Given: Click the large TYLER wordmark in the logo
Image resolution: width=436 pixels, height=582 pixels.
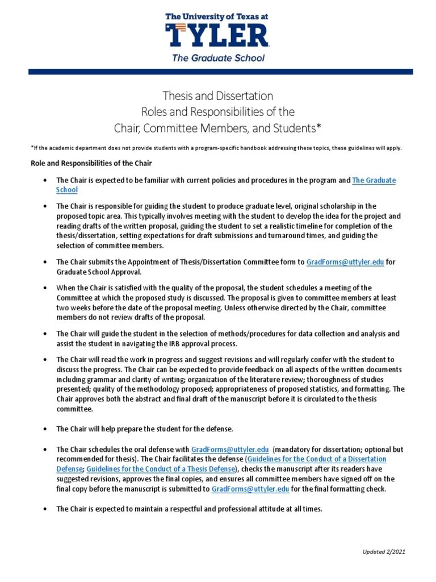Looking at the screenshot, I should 217,35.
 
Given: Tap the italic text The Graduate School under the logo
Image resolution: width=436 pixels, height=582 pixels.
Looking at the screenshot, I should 218,57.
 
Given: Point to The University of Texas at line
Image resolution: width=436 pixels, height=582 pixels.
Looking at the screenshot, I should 217,17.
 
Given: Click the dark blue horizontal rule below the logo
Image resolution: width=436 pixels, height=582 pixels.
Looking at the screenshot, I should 218,72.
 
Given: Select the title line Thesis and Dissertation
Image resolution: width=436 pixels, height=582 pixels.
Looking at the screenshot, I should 218,95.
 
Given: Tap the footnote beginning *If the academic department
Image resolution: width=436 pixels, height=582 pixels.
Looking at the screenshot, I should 216,148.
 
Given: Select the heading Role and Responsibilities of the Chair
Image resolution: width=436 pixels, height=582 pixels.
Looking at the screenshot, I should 90,164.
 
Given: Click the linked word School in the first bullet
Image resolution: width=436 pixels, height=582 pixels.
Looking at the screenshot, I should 66,190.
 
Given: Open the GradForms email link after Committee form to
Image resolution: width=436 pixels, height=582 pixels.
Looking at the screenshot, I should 345,262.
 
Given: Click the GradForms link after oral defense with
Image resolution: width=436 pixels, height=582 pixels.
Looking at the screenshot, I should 230,449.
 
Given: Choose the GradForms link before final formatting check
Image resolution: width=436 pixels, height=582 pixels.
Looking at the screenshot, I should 250,489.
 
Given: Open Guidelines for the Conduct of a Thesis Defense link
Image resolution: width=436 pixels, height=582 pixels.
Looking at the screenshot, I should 161,469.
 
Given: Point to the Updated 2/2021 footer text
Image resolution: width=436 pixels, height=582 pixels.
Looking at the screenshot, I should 384,552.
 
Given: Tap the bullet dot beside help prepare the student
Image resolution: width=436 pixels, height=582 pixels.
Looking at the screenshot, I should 45,428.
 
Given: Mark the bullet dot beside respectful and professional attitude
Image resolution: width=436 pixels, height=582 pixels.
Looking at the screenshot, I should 45,509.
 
